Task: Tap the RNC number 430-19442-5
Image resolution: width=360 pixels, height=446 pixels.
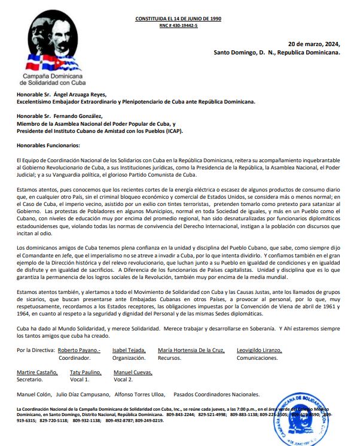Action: coord(179,26)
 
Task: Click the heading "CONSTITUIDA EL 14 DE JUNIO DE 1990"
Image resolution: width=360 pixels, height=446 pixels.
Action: coord(179,19)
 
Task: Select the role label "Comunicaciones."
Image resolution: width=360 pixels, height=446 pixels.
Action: coord(264,357)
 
